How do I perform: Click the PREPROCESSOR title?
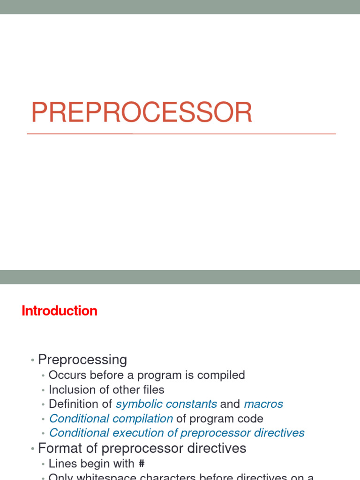coord(142,113)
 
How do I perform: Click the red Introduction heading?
coord(60,311)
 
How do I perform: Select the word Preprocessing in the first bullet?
coord(82,360)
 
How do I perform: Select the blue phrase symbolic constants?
coord(166,404)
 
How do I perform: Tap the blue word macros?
coord(263,404)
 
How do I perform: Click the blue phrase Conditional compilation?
coord(111,419)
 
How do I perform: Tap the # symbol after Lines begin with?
coord(142,464)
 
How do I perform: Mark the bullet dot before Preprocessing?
coord(32,360)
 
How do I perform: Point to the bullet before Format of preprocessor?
coord(32,449)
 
